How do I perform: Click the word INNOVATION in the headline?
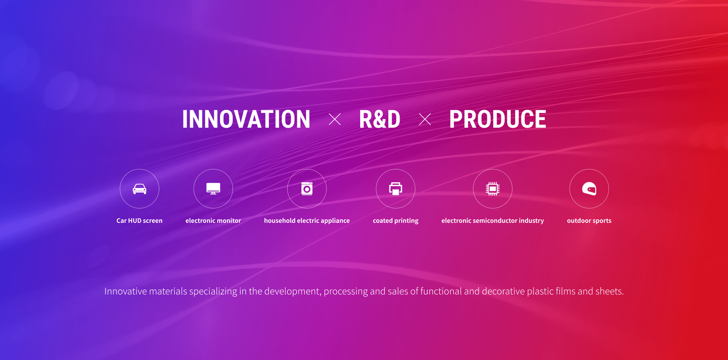coord(246,119)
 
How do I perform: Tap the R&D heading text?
coord(380,119)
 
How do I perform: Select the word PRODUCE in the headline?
coord(497,119)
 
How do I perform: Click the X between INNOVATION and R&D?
coord(334,119)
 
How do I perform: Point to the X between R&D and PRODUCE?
coord(425,119)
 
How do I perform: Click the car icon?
coord(140,189)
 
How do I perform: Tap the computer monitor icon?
coord(213,189)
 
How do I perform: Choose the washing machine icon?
coord(307,189)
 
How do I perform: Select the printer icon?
coord(395,189)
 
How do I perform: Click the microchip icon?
coord(493,189)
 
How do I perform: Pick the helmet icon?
coord(589,189)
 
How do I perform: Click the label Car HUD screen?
coord(140,221)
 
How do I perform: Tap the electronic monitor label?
coord(213,221)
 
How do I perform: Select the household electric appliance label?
coord(307,221)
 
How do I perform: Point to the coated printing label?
coord(395,221)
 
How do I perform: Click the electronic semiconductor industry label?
coord(493,221)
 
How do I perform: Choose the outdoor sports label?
coord(589,221)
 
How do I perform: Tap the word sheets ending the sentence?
coord(609,291)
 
